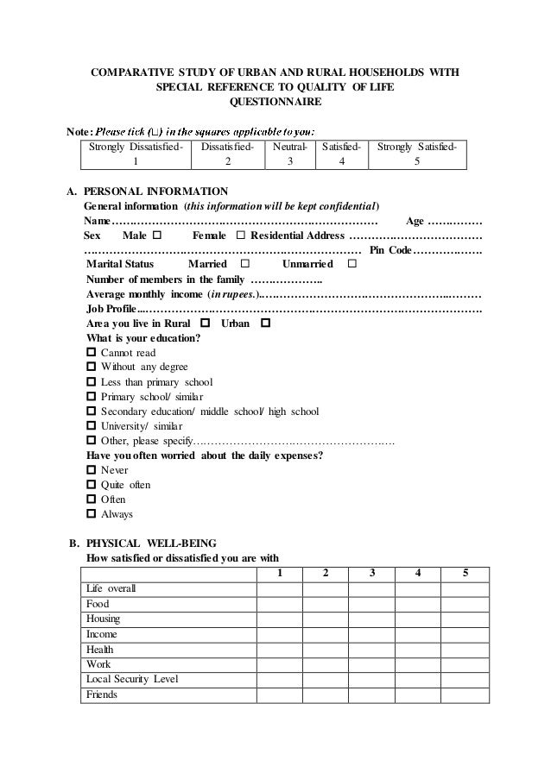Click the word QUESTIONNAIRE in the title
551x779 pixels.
(x=275, y=102)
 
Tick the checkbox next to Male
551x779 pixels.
(x=156, y=235)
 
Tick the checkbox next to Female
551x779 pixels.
(x=240, y=235)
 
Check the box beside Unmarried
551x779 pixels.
(x=351, y=263)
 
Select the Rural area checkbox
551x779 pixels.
(x=205, y=323)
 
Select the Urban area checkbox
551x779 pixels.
(x=265, y=323)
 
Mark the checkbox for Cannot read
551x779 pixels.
(x=92, y=352)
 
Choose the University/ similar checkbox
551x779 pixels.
(x=92, y=425)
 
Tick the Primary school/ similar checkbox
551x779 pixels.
(x=92, y=396)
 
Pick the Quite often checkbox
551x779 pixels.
(x=92, y=485)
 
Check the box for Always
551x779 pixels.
(x=92, y=514)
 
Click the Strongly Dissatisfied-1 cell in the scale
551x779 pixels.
(x=134, y=154)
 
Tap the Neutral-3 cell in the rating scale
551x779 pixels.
(x=290, y=154)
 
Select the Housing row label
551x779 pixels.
(x=104, y=619)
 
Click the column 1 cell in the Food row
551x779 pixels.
(x=278, y=604)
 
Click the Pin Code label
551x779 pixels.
(x=390, y=249)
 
